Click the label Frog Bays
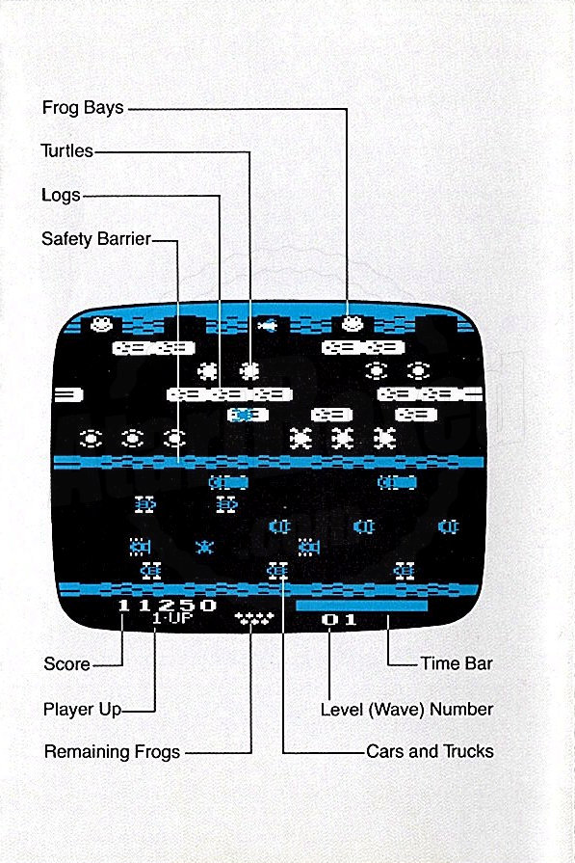(83, 107)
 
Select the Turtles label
(67, 150)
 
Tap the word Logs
(61, 195)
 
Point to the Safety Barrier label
(96, 238)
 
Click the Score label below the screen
(66, 663)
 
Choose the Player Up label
(82, 709)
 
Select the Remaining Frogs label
(112, 752)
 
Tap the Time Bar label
(457, 663)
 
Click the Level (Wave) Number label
(406, 709)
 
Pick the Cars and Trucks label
(430, 751)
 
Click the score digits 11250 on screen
(168, 606)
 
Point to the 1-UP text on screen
(172, 618)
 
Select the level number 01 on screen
(339, 620)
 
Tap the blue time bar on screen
(362, 606)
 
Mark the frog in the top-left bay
(102, 324)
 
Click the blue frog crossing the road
(204, 547)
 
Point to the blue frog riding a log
(242, 415)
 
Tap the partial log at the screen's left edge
(67, 394)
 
